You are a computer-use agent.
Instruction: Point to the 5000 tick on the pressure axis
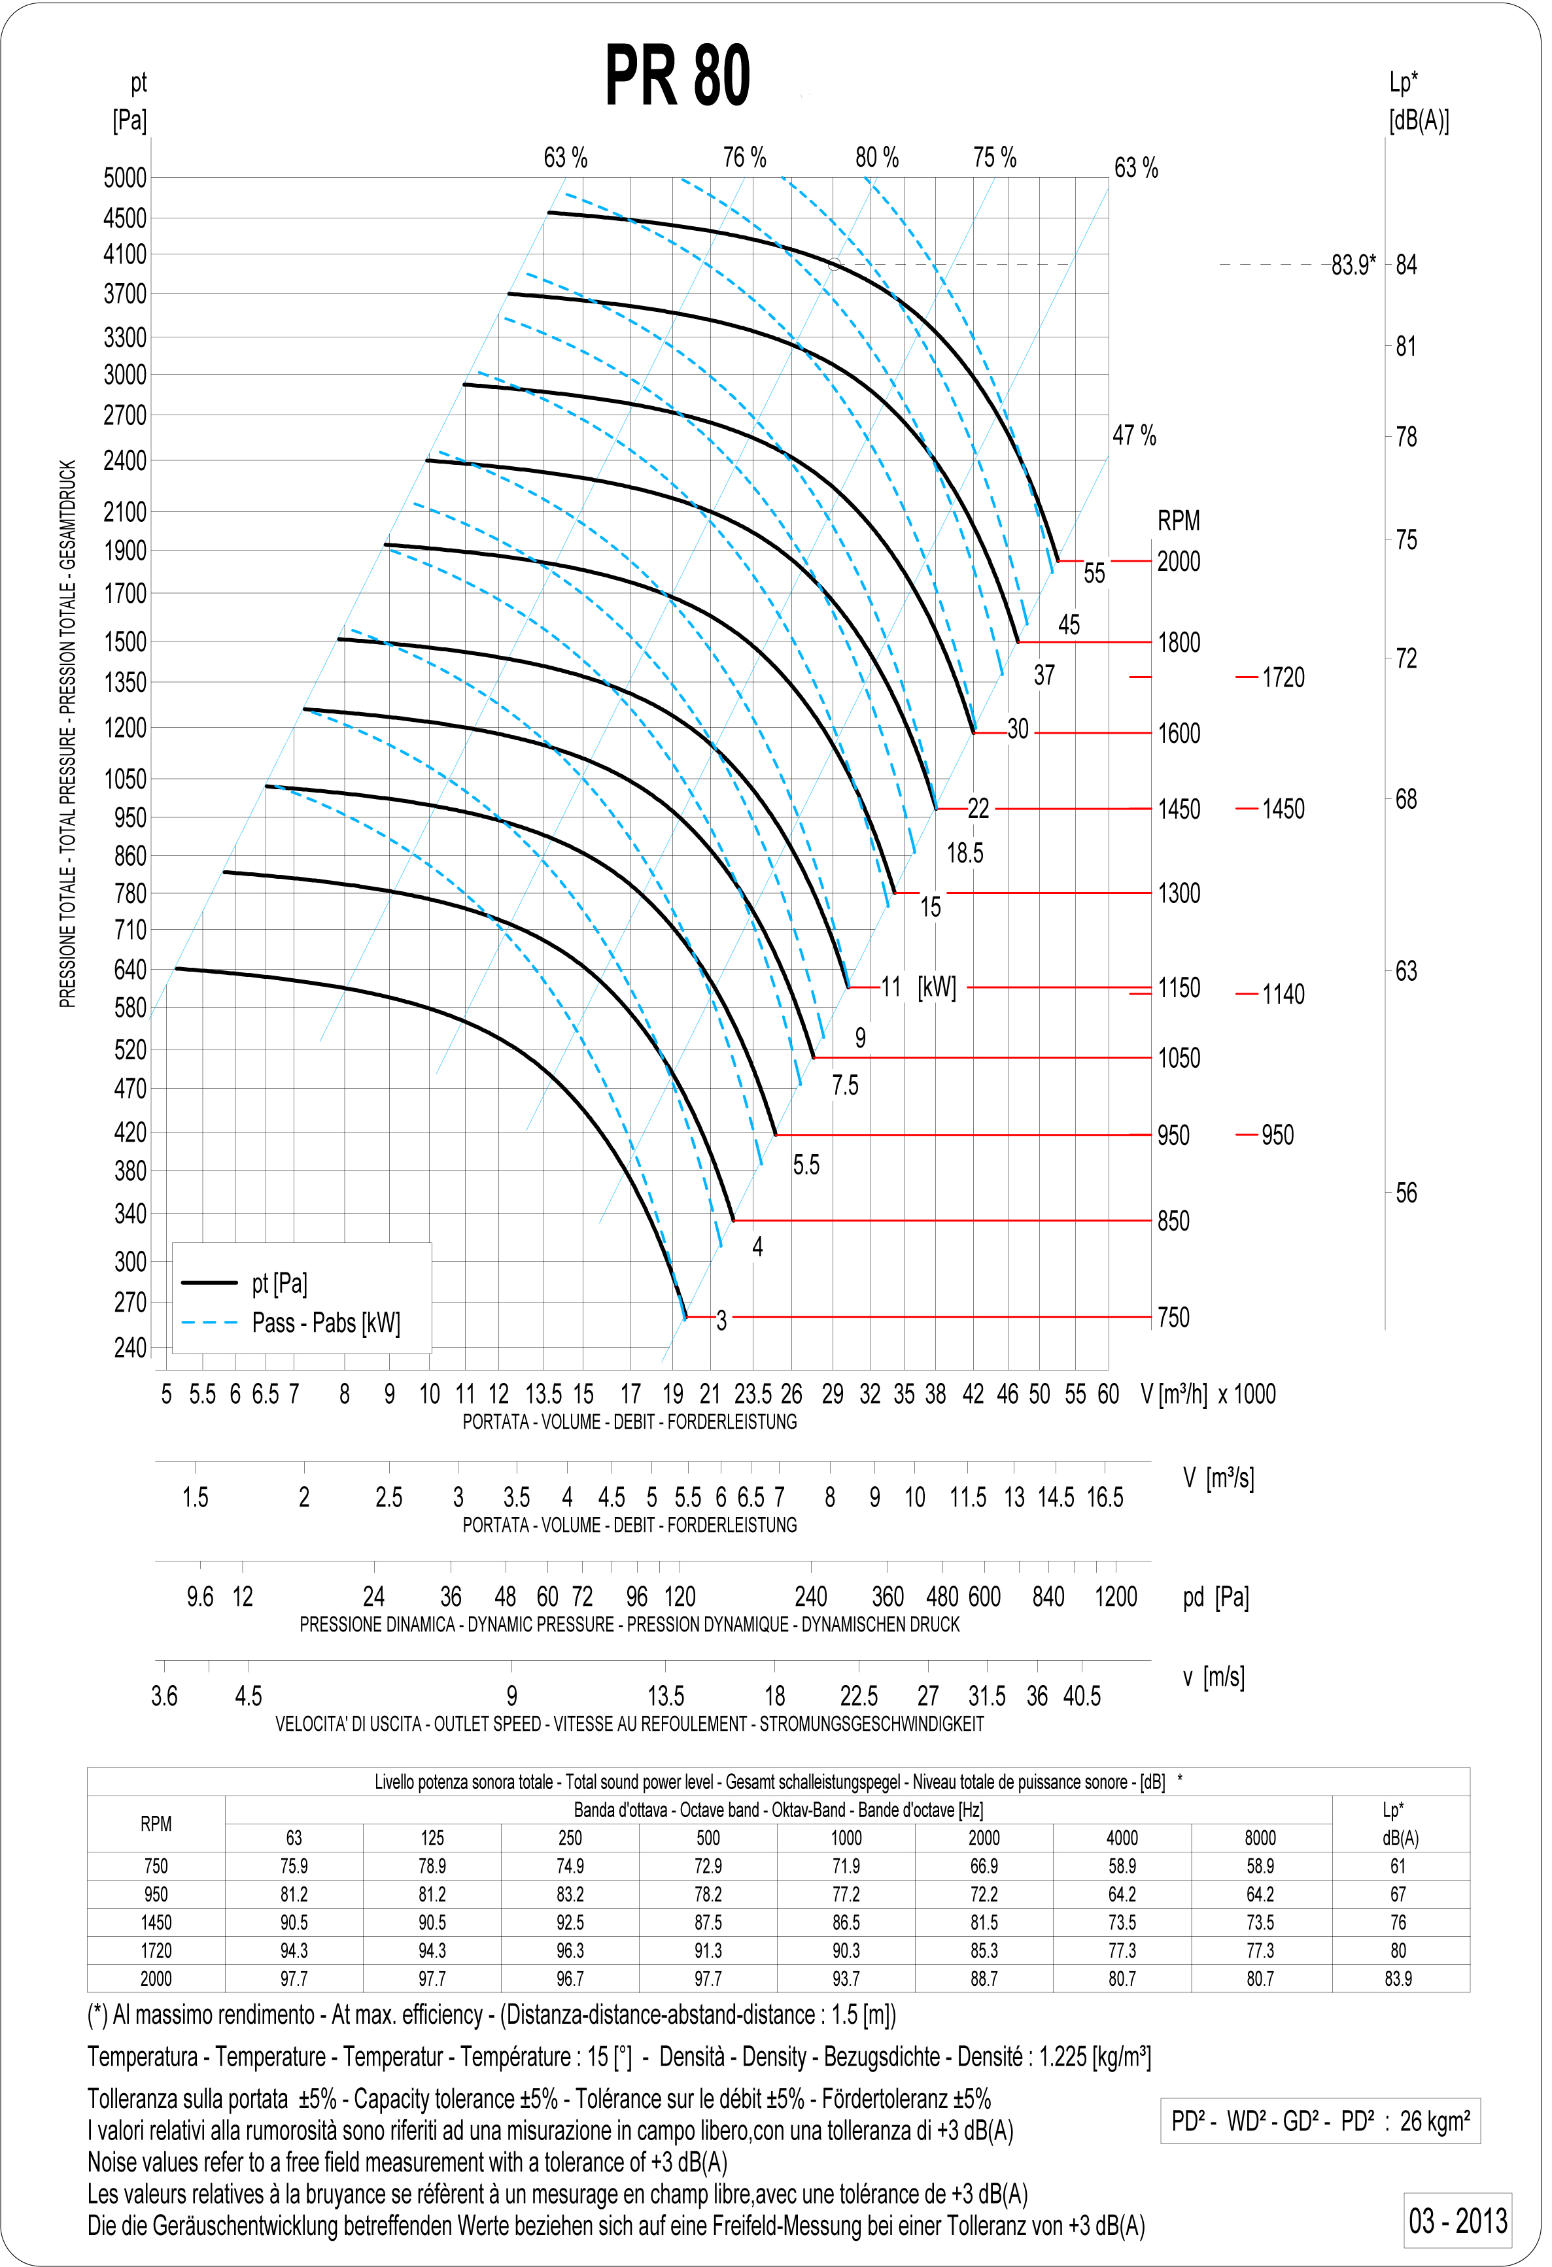pos(125,179)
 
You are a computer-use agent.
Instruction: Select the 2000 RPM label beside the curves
pos(1179,562)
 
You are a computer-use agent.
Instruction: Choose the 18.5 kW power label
pos(965,853)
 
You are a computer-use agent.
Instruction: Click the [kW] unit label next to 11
pos(937,987)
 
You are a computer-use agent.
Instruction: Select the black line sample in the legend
pos(210,1283)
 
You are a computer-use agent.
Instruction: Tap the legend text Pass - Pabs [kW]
pos(326,1323)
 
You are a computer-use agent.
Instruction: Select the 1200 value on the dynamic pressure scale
pos(1116,1597)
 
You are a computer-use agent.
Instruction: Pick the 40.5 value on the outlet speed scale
pos(1082,1696)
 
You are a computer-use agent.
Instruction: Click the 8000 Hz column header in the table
pos(1260,1838)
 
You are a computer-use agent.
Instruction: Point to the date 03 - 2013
pos(1457,2221)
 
